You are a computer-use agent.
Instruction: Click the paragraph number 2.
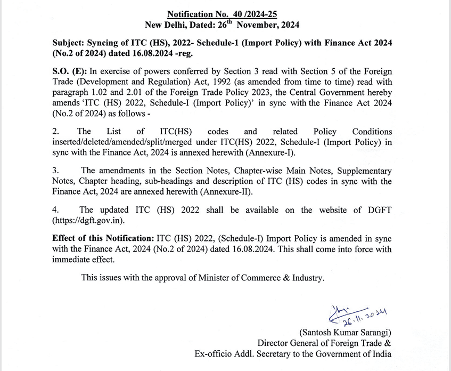(55, 131)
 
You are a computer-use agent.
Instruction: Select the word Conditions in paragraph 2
(372, 131)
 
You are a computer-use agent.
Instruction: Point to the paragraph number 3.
(55, 171)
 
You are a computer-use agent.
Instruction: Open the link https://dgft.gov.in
(89, 220)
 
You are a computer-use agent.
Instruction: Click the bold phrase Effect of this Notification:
(103, 238)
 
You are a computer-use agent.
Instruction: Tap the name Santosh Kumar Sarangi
(345, 333)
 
